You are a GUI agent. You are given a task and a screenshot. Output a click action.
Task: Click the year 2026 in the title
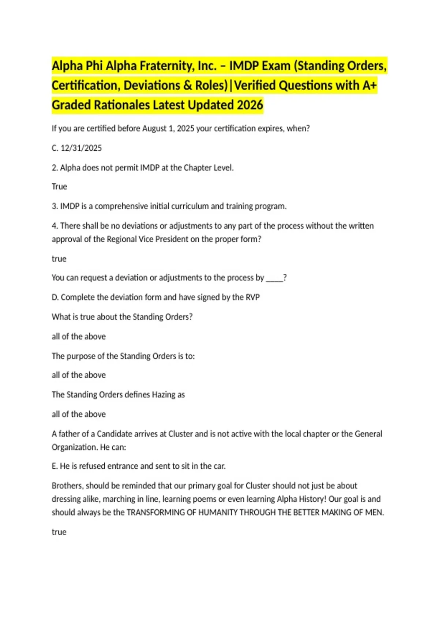[x=250, y=105]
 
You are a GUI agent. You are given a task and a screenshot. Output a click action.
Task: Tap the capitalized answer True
[x=59, y=187]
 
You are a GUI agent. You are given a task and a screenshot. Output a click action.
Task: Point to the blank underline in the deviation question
[x=274, y=278]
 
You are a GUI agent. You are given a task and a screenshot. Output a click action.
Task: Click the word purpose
[x=81, y=356]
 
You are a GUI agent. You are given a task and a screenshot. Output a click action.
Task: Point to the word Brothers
[x=68, y=486]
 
